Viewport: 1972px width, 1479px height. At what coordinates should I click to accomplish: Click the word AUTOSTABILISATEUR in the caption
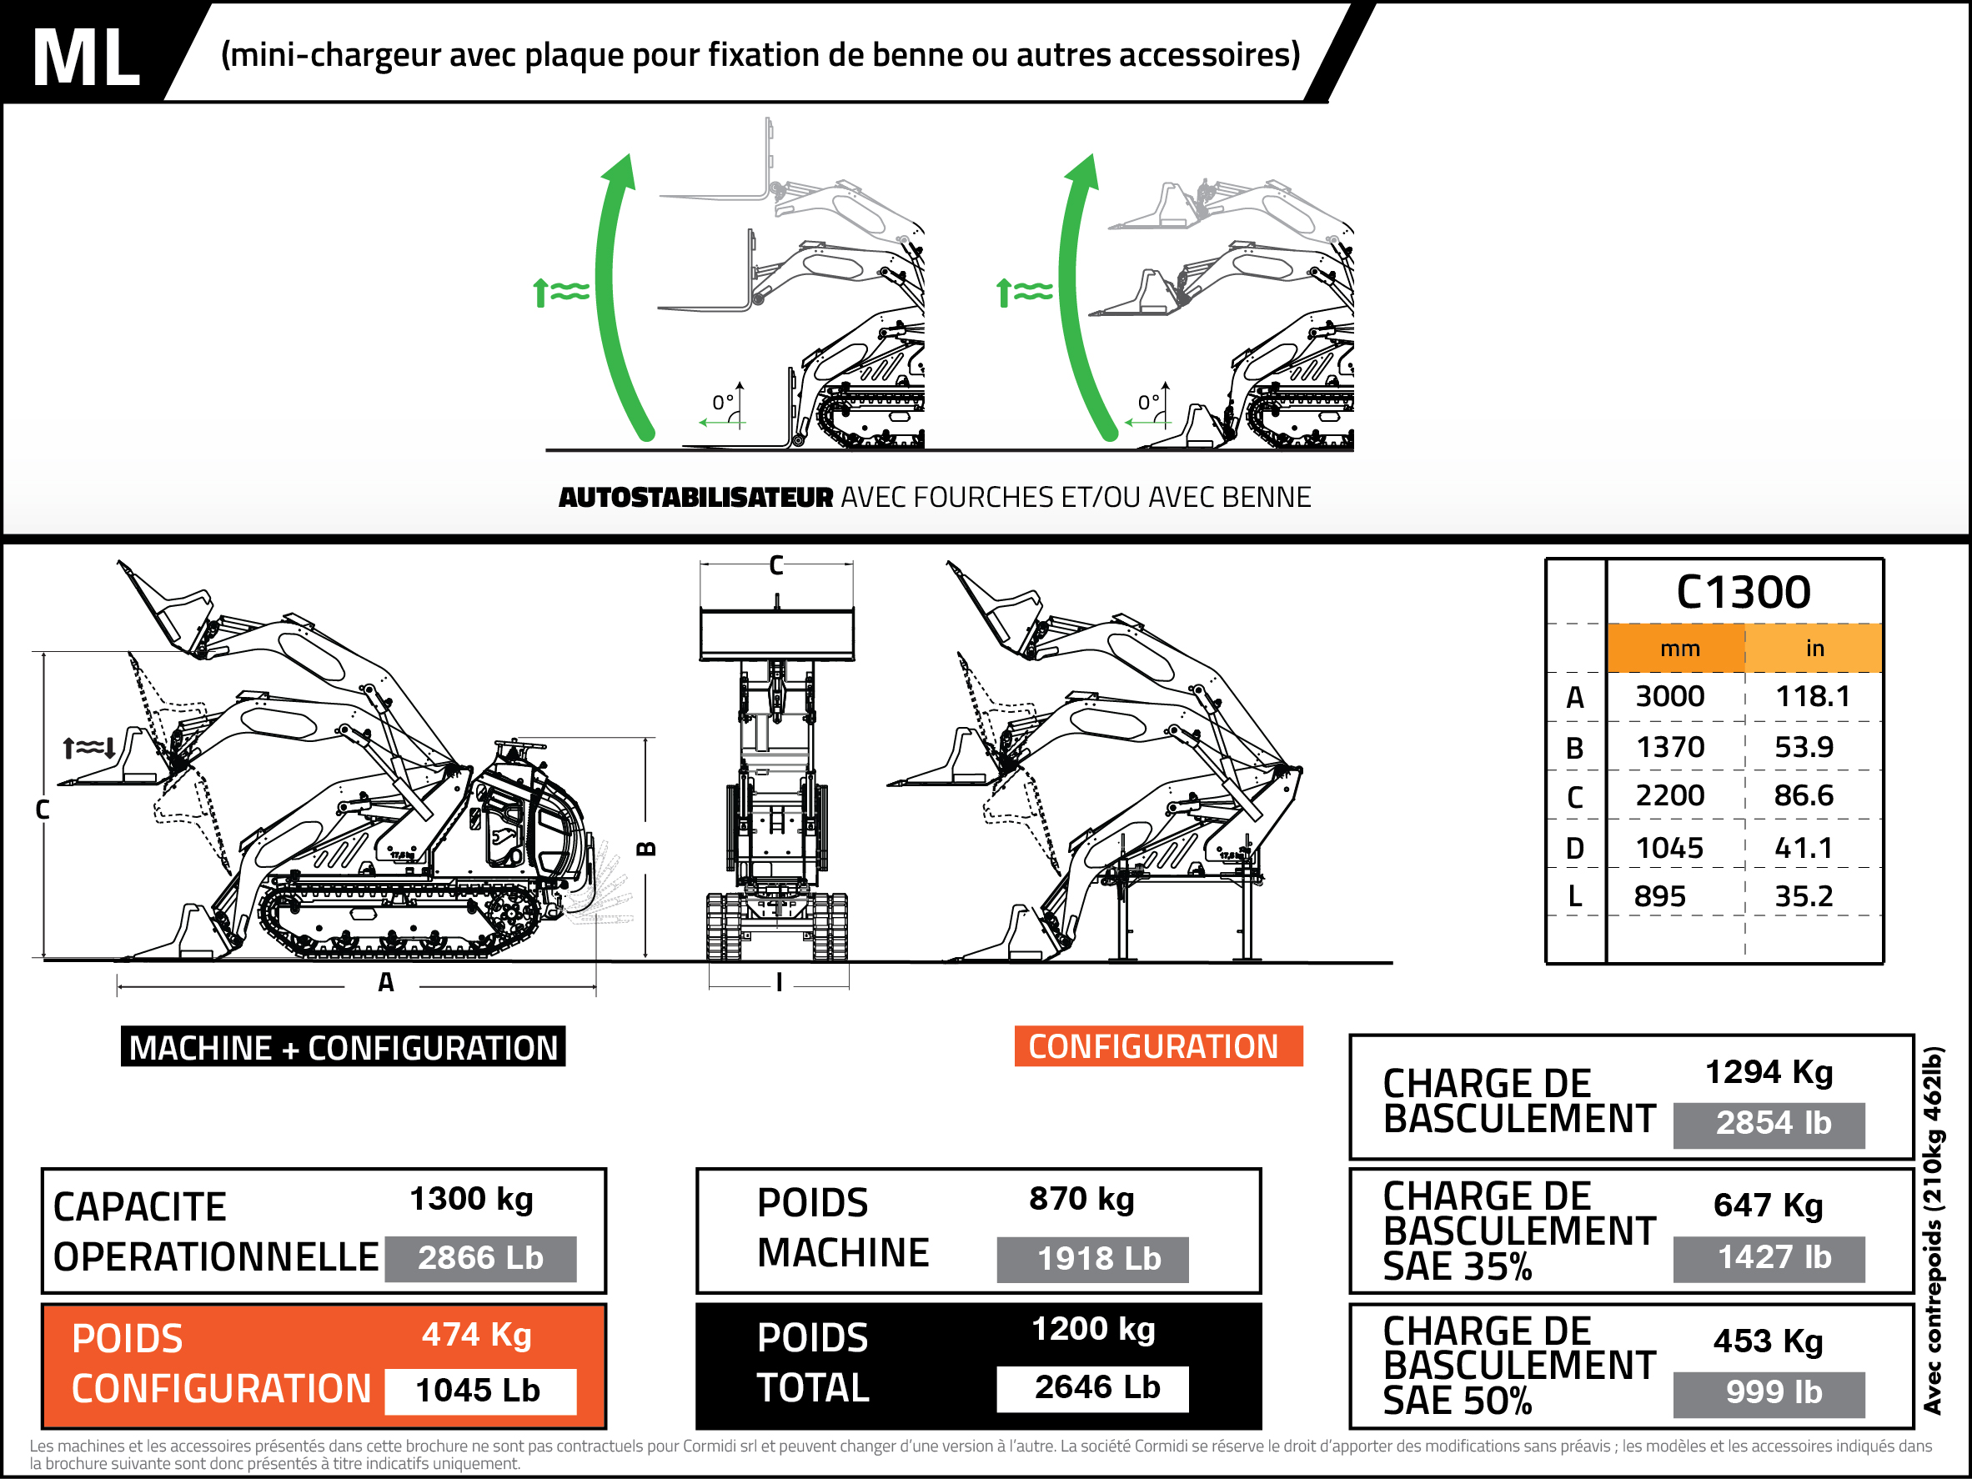695,498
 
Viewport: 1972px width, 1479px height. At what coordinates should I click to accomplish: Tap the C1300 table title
1743,592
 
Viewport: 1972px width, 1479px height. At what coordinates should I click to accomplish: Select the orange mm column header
1679,649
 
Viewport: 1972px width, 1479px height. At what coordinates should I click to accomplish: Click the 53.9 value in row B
1804,747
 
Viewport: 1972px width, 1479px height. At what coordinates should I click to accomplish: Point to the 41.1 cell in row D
1804,848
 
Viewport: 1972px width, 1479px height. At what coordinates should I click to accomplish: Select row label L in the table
1575,896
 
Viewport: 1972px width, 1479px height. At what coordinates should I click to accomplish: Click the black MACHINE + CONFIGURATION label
344,1047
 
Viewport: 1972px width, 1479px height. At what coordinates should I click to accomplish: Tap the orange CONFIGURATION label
1154,1046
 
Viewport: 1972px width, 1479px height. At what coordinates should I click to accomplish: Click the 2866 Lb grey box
480,1258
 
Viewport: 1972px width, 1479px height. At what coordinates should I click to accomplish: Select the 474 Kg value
477,1335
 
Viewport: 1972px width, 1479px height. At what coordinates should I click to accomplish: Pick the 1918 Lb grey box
1098,1259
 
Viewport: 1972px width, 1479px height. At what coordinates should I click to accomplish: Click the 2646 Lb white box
1096,1387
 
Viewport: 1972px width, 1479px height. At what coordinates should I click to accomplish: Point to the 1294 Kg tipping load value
1769,1072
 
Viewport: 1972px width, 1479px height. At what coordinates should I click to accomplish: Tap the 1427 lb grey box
1774,1257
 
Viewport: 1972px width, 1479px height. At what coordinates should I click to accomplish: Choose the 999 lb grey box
1774,1391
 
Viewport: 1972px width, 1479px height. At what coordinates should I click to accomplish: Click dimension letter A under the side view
385,982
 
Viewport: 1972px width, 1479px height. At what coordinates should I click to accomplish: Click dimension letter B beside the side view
647,848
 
